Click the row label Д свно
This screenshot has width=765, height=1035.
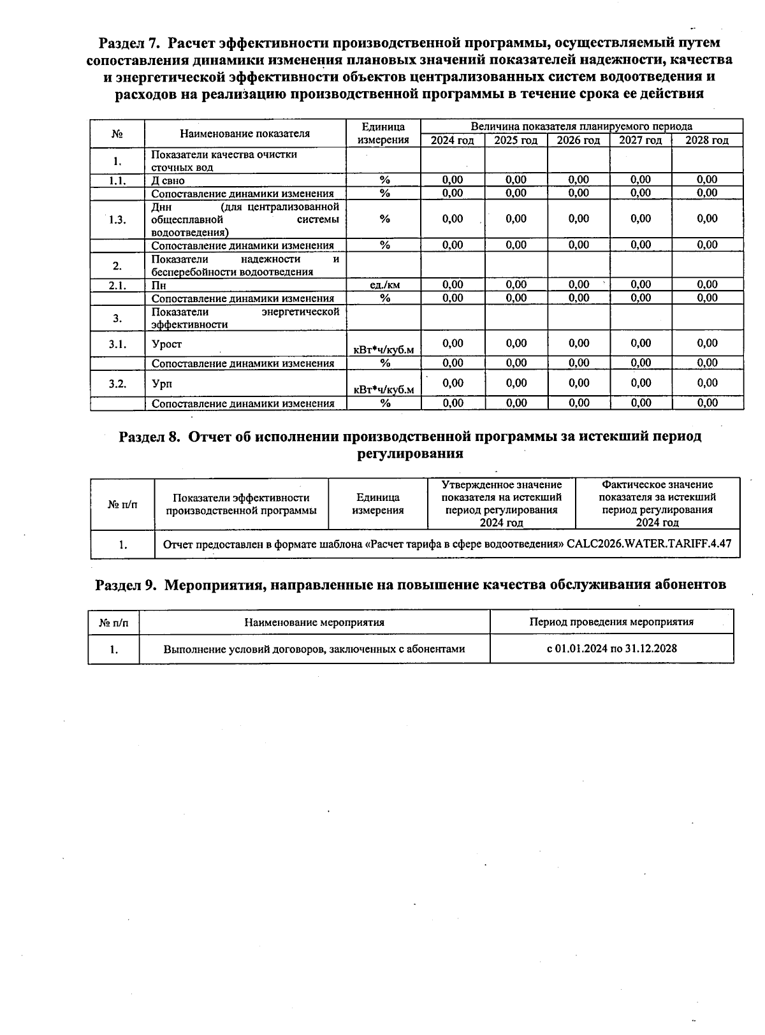pyautogui.click(x=168, y=180)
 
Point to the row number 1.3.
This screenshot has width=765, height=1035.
pyautogui.click(x=117, y=220)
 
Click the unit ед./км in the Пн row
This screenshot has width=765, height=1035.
pyautogui.click(x=384, y=285)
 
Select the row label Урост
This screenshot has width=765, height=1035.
pyautogui.click(x=167, y=344)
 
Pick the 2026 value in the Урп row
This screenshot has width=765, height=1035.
pyautogui.click(x=579, y=383)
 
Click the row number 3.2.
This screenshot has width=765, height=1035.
pyautogui.click(x=117, y=384)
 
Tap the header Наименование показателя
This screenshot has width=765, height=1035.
pyautogui.click(x=245, y=134)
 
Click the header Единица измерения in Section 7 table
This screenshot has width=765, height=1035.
pyautogui.click(x=383, y=134)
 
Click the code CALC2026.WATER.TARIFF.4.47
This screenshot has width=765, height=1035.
pyautogui.click(x=648, y=544)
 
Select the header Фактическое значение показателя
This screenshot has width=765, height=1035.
pyautogui.click(x=657, y=503)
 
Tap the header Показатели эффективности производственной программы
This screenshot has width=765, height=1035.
pyautogui.click(x=241, y=504)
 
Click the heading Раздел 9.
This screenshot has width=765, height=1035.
pyautogui.click(x=126, y=585)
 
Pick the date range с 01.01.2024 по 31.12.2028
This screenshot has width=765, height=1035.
pyautogui.click(x=611, y=649)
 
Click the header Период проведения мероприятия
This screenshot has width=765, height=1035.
pyautogui.click(x=611, y=622)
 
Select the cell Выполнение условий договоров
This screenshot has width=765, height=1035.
pyautogui.click(x=314, y=649)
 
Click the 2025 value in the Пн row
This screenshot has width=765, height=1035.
pyautogui.click(x=516, y=285)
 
